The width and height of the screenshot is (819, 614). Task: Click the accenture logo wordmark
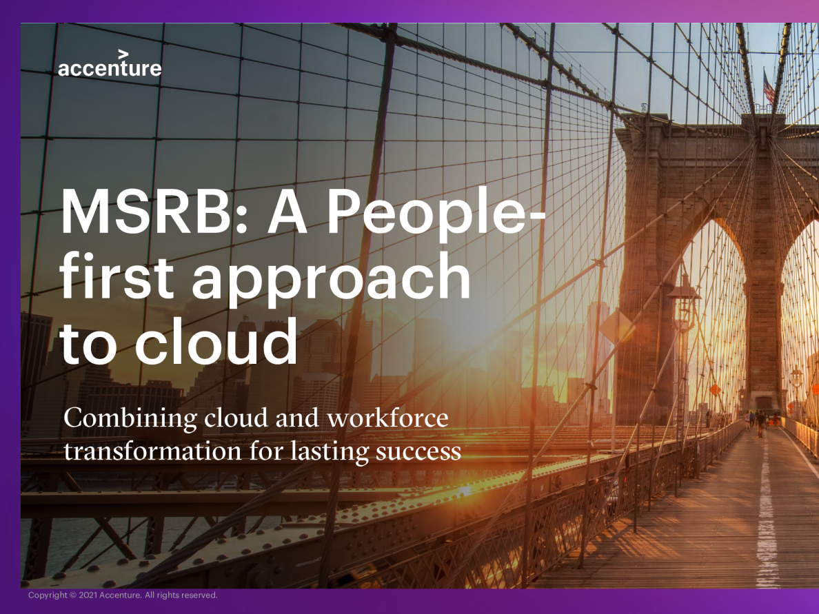tap(110, 68)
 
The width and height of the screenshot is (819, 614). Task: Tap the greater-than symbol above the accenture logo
tap(123, 54)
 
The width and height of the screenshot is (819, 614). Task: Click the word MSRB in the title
tap(145, 212)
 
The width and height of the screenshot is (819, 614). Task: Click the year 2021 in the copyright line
tap(88, 595)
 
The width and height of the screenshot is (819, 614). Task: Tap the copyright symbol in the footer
tap(73, 595)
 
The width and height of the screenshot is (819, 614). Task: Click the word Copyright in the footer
tap(48, 595)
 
